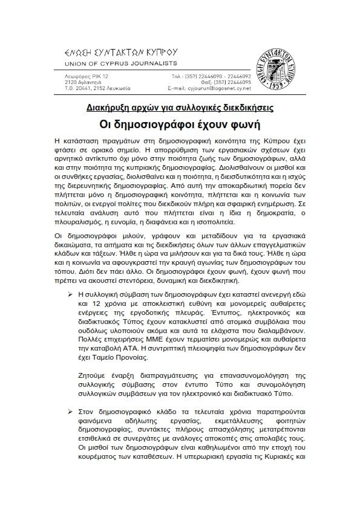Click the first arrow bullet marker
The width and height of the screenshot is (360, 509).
(x=71, y=291)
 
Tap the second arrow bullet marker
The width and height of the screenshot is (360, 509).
(x=71, y=411)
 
